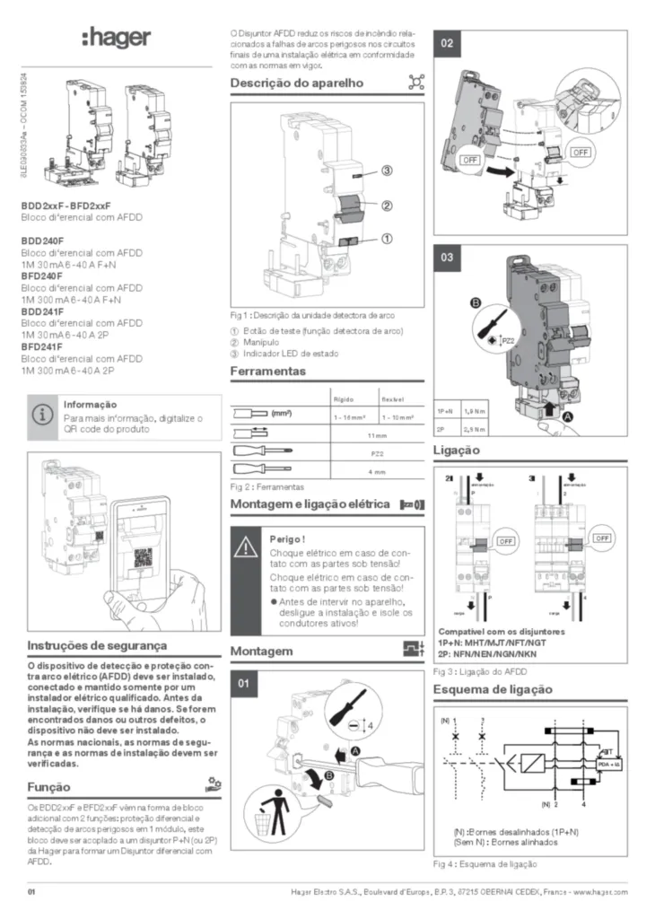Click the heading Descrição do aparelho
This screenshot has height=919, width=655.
coord(296,83)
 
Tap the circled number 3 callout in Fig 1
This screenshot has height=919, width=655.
coord(387,171)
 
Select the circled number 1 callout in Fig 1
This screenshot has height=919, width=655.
coord(387,239)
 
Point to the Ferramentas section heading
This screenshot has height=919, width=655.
coord(267,371)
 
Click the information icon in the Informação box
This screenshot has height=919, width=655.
coord(42,416)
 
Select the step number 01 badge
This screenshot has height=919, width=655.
coord(243,685)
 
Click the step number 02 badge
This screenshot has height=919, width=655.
coord(448,44)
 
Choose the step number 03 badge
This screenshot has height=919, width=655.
coord(448,258)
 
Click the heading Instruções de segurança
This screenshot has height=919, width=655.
coord(97,645)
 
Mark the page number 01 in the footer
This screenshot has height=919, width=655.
coord(31,891)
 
